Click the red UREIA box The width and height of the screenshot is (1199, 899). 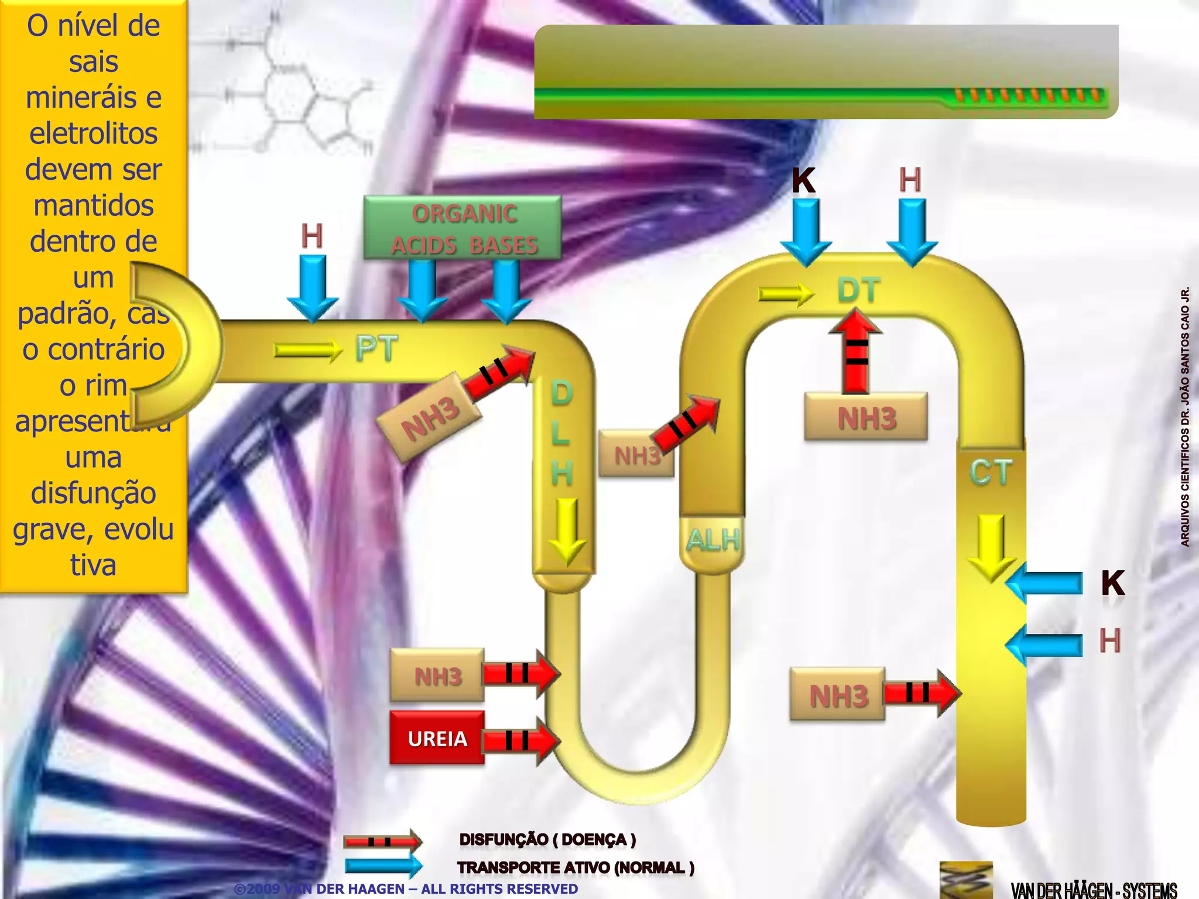pyautogui.click(x=437, y=738)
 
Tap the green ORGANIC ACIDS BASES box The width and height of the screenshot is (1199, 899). pyautogui.click(x=463, y=228)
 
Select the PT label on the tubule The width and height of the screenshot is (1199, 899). pyautogui.click(x=376, y=349)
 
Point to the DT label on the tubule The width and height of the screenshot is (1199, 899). pyautogui.click(x=858, y=290)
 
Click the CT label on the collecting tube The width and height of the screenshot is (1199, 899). pyautogui.click(x=991, y=472)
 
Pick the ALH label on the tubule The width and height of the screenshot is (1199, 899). pyautogui.click(x=712, y=540)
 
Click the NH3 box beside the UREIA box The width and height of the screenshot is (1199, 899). pyautogui.click(x=437, y=676)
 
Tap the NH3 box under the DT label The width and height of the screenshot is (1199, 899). pyautogui.click(x=866, y=418)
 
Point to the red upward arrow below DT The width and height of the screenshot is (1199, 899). pyautogui.click(x=856, y=351)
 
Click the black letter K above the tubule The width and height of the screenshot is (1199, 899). pyautogui.click(x=804, y=180)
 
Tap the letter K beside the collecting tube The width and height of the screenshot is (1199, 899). pyautogui.click(x=1112, y=583)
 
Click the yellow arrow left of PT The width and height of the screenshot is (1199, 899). pyautogui.click(x=308, y=350)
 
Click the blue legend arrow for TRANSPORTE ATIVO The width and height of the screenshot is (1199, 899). pyautogui.click(x=383, y=866)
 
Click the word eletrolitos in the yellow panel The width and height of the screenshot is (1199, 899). pyautogui.click(x=94, y=133)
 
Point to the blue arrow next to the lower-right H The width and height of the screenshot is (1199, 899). pyautogui.click(x=1045, y=644)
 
